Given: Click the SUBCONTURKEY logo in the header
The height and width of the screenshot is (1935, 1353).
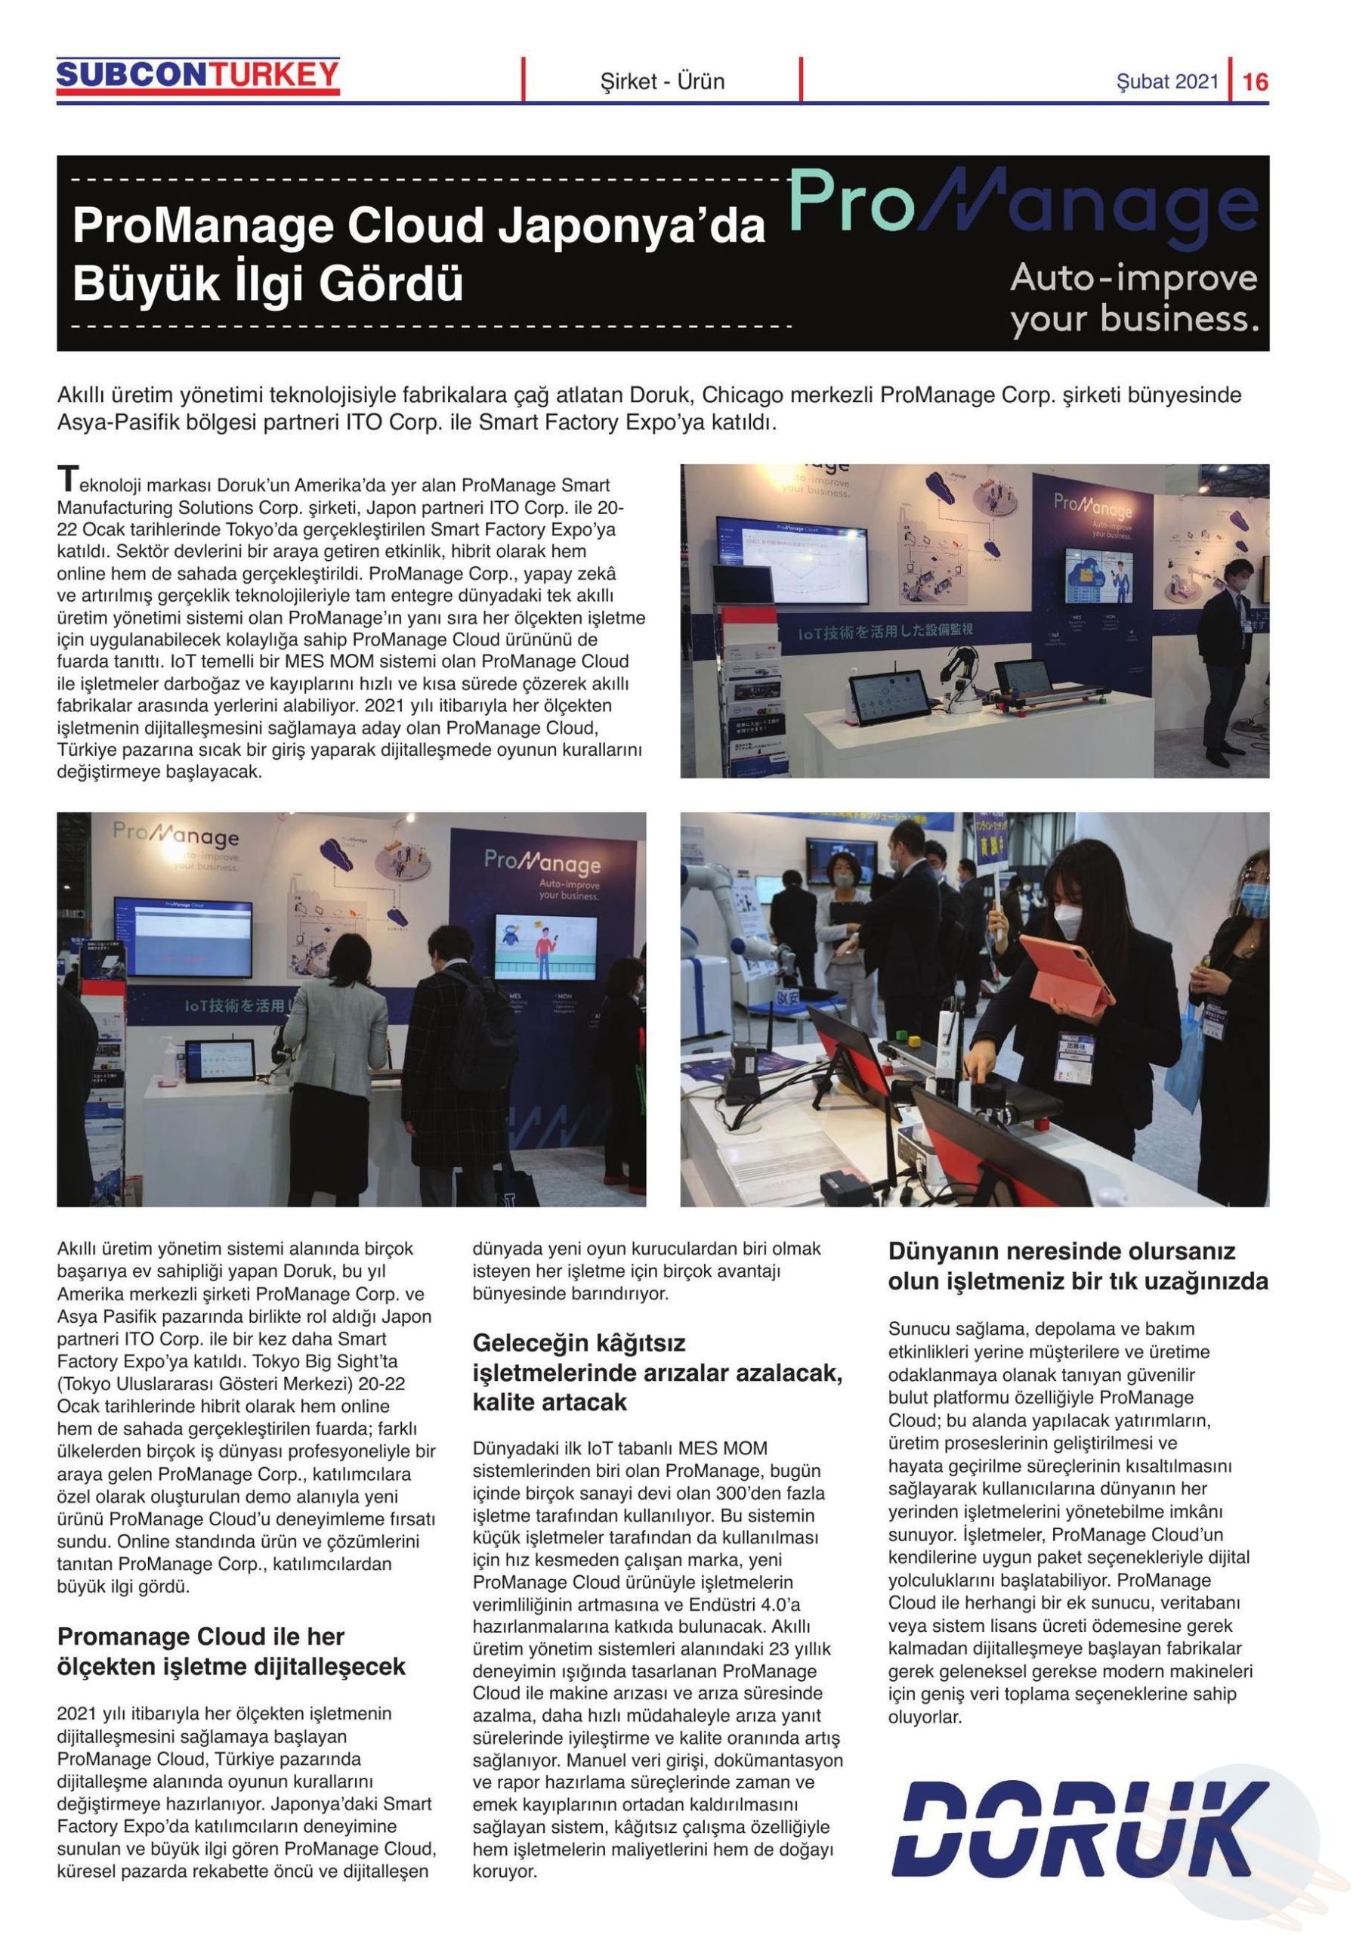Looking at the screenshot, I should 198,76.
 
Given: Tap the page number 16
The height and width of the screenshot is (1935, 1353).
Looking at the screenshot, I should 1255,82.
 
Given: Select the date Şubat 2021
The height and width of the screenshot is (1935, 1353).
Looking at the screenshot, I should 1168,82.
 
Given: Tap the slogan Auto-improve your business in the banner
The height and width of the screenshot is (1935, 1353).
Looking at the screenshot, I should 1133,299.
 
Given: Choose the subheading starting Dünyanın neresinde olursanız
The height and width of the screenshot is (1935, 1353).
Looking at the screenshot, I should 1077,1266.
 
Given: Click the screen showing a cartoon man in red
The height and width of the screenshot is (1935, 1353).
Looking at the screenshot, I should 545,946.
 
